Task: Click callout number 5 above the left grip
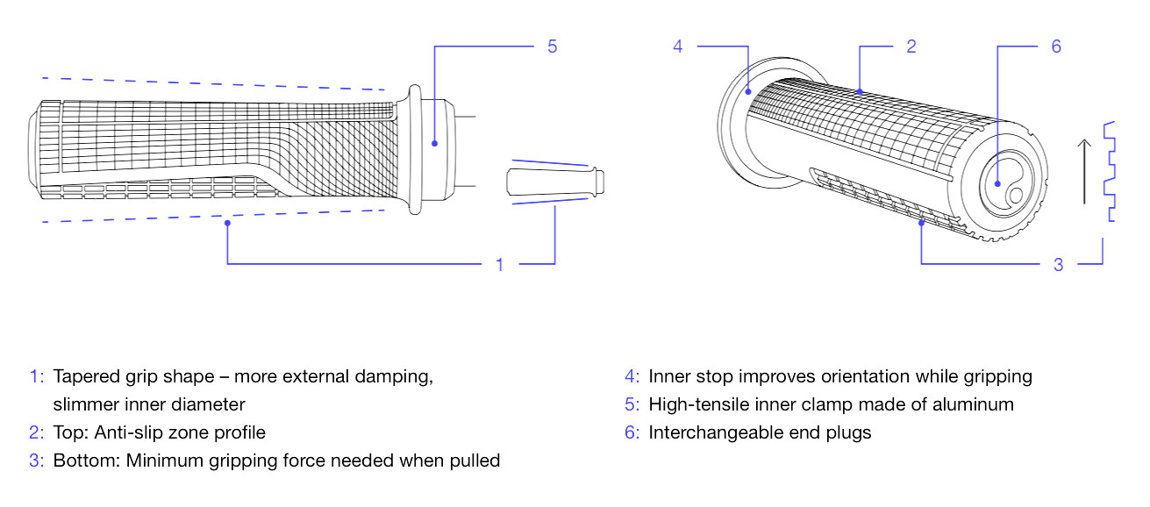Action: tap(552, 46)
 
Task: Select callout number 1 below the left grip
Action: tap(500, 264)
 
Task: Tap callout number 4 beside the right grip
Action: tap(677, 46)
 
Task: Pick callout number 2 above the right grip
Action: tap(911, 46)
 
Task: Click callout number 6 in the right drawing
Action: tap(1055, 46)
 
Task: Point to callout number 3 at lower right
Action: tap(1058, 264)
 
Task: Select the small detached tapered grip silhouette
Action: tap(555, 182)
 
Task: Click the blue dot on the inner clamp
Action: tap(433, 140)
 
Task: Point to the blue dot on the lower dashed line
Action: tap(228, 224)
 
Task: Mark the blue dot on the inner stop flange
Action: tap(747, 89)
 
